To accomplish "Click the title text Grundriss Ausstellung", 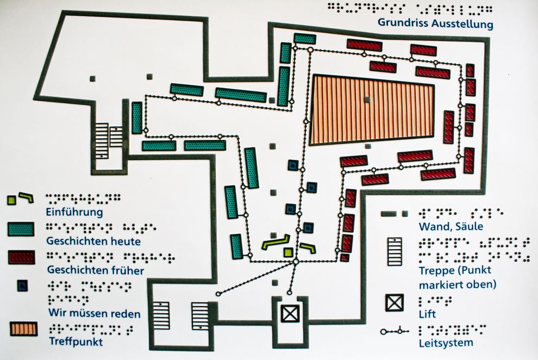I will (x=436, y=24).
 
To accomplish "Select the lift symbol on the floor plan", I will (x=290, y=313).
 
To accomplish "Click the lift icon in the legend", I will (x=395, y=302).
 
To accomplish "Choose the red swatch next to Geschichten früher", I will (x=22, y=257).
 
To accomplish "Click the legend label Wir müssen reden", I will (x=94, y=313).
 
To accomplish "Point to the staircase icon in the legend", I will (x=395, y=251).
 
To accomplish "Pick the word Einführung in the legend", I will (x=75, y=212).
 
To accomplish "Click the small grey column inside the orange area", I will (x=368, y=100).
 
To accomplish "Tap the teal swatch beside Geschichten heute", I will (x=21, y=229).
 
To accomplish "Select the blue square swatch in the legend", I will (x=22, y=285).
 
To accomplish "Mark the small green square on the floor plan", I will (x=289, y=252).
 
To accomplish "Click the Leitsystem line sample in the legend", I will (x=395, y=331).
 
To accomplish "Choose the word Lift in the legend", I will (x=427, y=314).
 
